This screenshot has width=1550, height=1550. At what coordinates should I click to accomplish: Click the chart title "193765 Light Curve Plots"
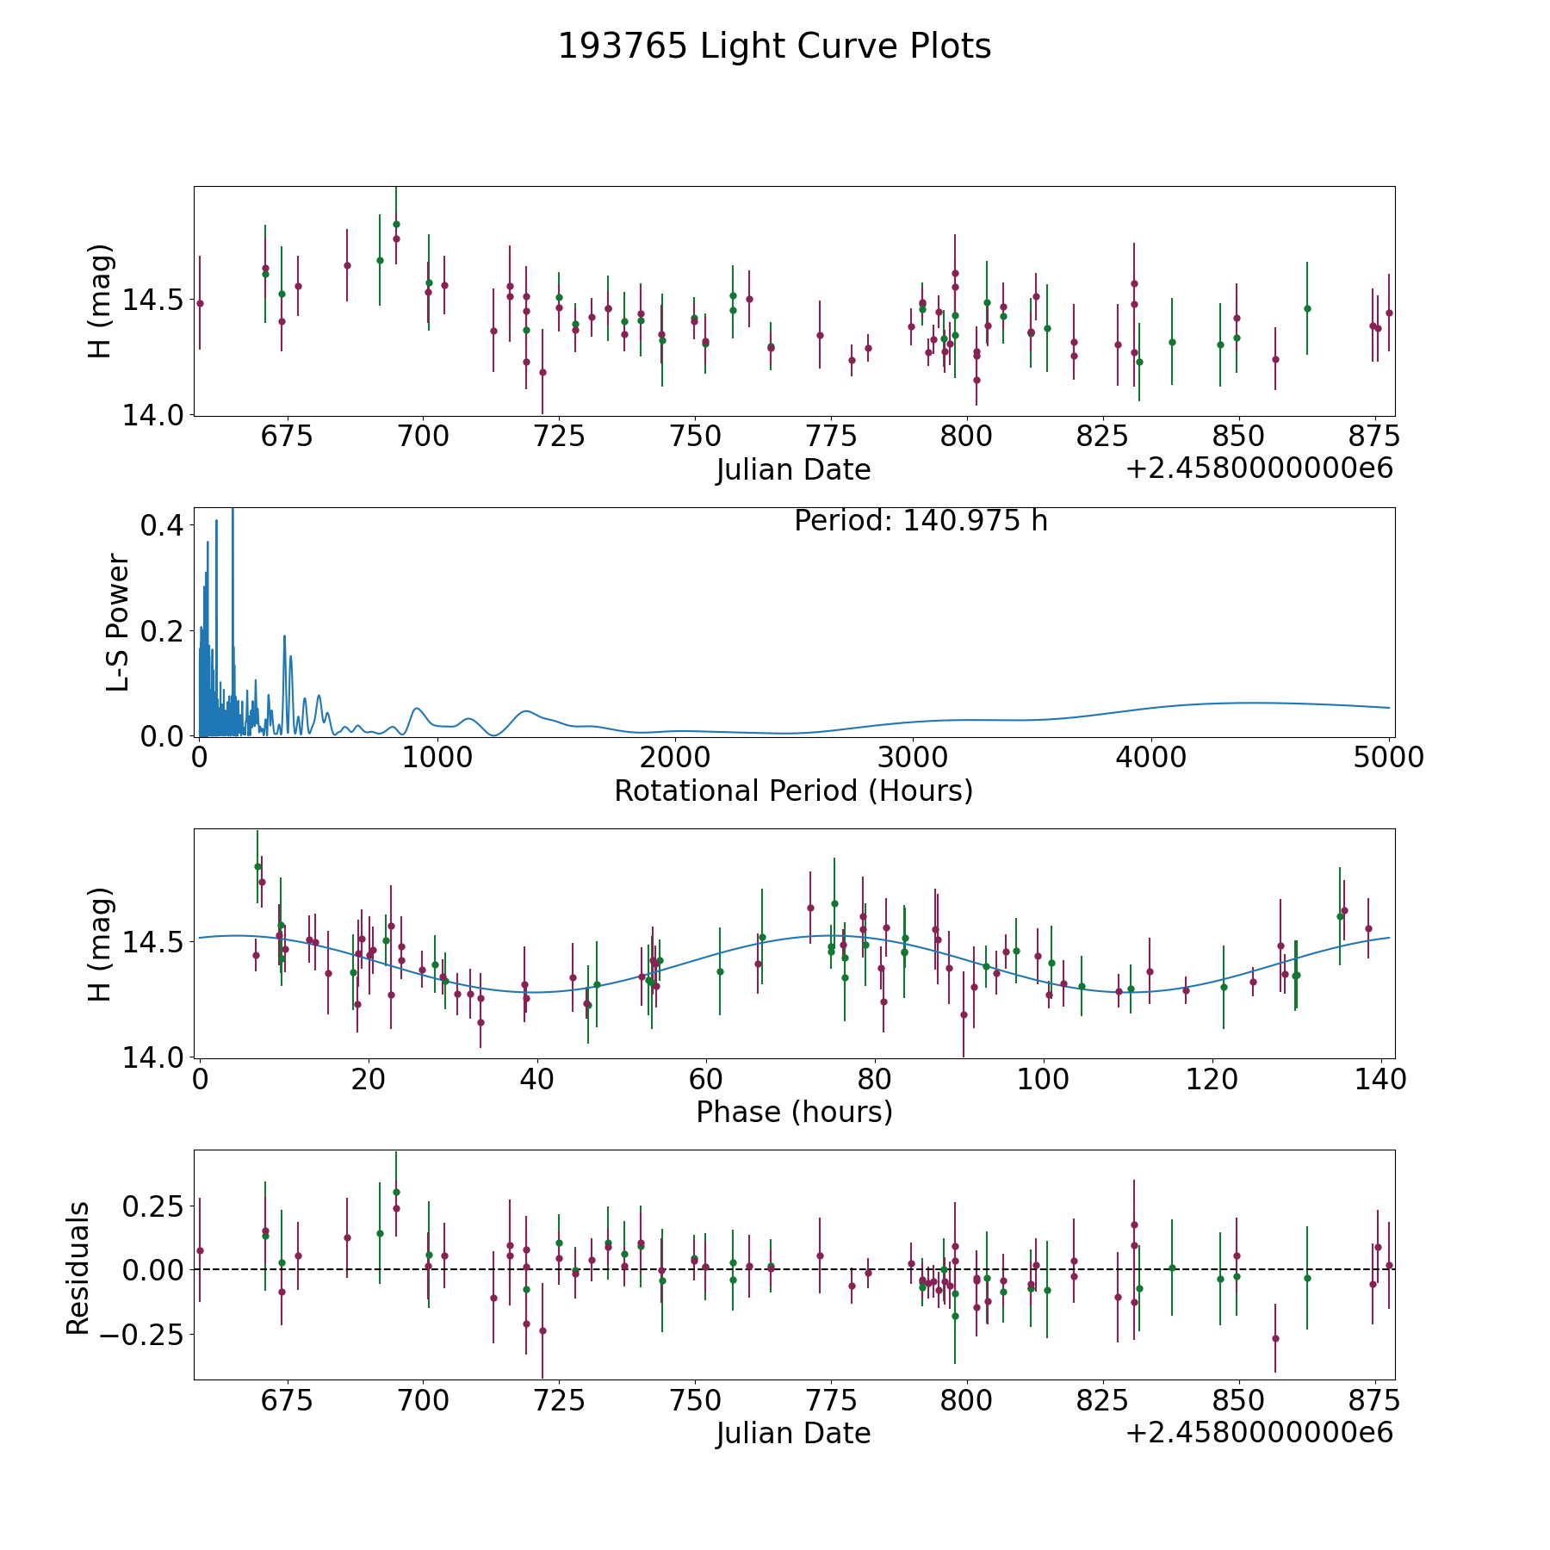click(x=774, y=47)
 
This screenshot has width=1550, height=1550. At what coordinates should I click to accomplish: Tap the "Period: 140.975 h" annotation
click(x=921, y=521)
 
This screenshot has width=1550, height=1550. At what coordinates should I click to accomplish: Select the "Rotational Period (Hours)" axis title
click(x=793, y=790)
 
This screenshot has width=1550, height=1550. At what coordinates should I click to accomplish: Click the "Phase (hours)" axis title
click(x=794, y=1112)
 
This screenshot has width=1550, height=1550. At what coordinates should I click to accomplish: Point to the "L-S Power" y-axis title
click(x=118, y=622)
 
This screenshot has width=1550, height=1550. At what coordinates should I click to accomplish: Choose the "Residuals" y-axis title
click(x=78, y=1268)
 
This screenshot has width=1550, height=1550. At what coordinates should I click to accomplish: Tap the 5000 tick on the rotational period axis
click(x=1388, y=758)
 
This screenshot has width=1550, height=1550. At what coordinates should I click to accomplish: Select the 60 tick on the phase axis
click(x=706, y=1079)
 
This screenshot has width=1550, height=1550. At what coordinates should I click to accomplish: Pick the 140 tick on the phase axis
click(x=1380, y=1079)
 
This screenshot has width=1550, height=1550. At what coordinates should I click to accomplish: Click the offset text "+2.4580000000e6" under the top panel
click(x=1260, y=468)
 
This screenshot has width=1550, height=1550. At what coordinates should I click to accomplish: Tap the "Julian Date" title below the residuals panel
click(x=793, y=1433)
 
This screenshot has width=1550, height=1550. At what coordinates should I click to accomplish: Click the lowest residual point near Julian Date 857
click(x=1275, y=1338)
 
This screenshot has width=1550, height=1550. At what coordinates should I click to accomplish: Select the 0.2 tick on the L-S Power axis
click(x=164, y=631)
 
